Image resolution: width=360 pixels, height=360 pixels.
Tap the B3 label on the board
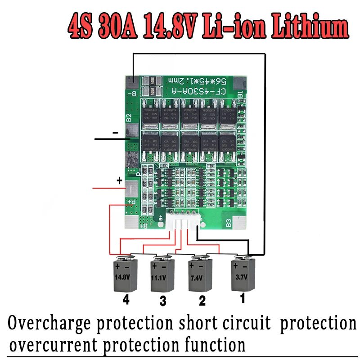[229, 222]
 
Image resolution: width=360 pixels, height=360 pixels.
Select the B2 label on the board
[129, 118]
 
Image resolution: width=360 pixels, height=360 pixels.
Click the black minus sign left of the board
[115, 133]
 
